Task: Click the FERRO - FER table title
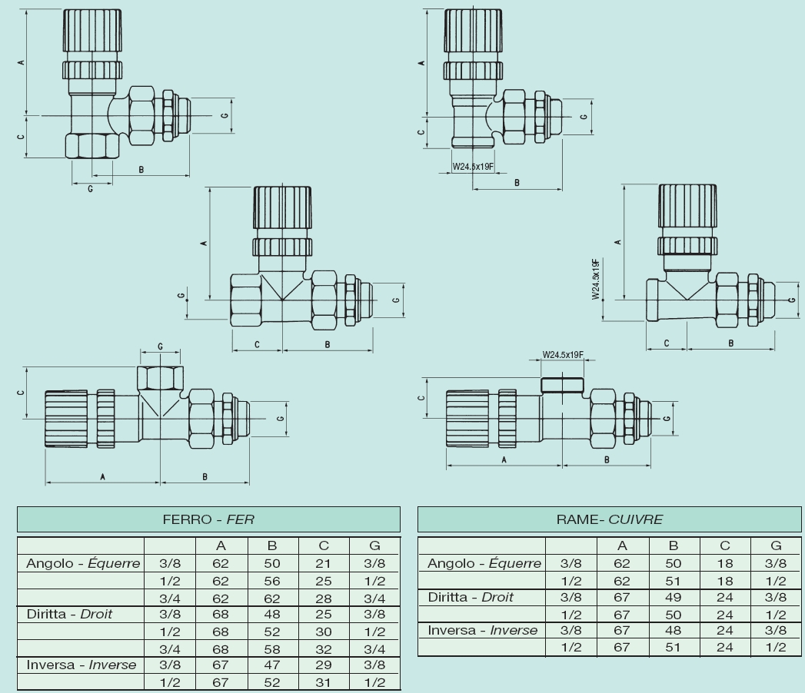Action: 208,519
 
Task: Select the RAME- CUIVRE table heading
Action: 609,519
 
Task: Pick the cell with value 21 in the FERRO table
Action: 323,563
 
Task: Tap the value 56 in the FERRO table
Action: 272,580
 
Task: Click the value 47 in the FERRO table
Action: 272,665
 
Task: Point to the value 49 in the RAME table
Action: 674,597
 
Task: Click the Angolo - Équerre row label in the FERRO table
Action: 83,563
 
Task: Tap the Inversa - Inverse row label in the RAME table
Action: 483,630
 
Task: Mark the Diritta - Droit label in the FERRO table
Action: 69,614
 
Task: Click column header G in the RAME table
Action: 776,545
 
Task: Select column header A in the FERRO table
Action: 221,545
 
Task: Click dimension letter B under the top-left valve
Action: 141,170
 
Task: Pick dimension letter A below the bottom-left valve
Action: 102,477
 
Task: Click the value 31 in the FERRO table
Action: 323,681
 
